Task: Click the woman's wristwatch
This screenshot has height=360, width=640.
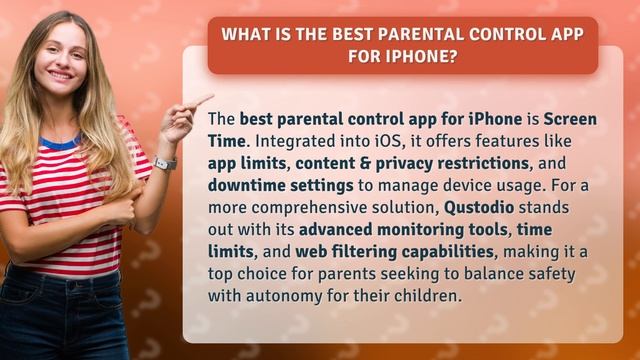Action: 166,163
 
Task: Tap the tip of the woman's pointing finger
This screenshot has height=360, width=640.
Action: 210,98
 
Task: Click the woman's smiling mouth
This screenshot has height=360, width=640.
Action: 60,75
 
